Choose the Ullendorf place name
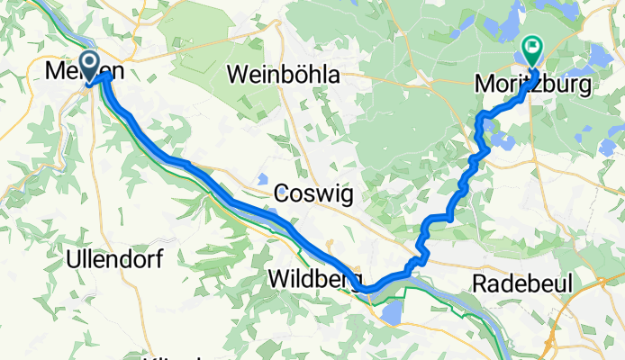[x=114, y=260]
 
